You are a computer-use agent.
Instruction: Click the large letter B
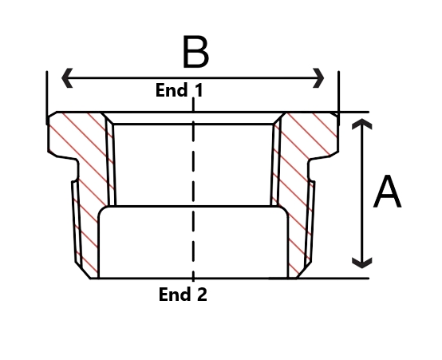coord(195,52)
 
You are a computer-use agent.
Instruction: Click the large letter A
coord(387,192)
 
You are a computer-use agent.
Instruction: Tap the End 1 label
coord(180,90)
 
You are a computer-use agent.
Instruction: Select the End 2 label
coord(183,295)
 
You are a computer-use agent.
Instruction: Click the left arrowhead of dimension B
coord(67,77)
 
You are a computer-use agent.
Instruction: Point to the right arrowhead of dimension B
coord(318,78)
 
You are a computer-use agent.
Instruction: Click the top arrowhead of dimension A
coord(362,124)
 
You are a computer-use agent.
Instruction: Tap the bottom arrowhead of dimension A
coord(362,263)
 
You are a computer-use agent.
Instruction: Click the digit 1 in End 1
coord(199,90)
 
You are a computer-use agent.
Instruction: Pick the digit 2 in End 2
coord(201,295)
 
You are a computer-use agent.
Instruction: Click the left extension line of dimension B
coord(47,97)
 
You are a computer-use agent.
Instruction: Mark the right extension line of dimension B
coord(338,98)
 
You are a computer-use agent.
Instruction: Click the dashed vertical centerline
coord(193,189)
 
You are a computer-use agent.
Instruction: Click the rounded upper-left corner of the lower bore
coord(102,211)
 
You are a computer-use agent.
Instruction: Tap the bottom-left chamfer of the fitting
coord(83,271)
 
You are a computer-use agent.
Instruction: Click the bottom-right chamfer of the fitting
coord(304,270)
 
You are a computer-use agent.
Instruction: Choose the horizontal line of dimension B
coord(193,78)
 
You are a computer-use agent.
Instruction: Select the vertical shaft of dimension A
coord(362,193)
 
